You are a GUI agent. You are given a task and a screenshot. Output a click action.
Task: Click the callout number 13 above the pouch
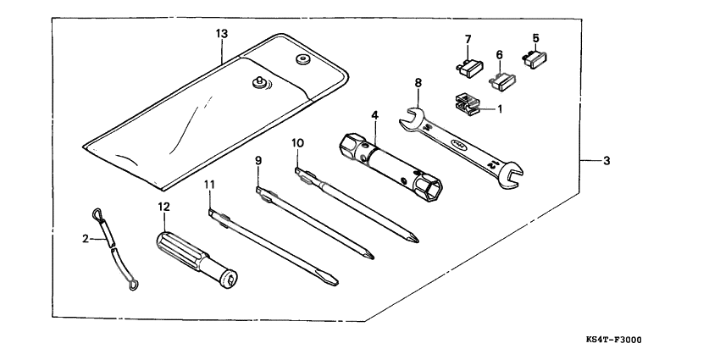(x=221, y=33)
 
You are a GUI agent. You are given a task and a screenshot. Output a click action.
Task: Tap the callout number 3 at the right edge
(x=606, y=161)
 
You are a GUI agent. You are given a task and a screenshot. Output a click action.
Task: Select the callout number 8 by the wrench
(x=418, y=83)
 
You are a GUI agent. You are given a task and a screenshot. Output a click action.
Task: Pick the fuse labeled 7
(x=469, y=65)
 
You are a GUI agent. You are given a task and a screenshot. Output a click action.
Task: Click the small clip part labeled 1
(x=468, y=104)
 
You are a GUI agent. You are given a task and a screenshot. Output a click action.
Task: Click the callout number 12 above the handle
(x=164, y=206)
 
